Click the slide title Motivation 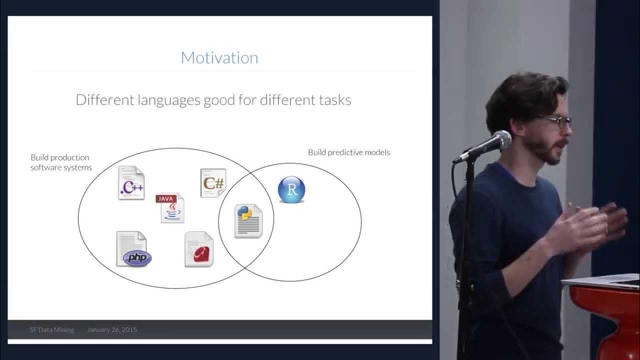click(x=219, y=57)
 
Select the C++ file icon click(x=131, y=183)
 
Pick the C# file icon click(x=213, y=183)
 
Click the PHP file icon click(x=132, y=249)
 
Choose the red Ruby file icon click(x=199, y=249)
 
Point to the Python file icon click(x=248, y=221)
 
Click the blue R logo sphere click(x=291, y=189)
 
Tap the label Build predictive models click(x=348, y=152)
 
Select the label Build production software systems click(x=61, y=162)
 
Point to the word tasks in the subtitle click(x=334, y=100)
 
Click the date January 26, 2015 click(x=112, y=329)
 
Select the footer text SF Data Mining click(x=51, y=329)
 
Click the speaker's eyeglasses click(x=556, y=121)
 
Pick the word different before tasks click(x=287, y=100)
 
